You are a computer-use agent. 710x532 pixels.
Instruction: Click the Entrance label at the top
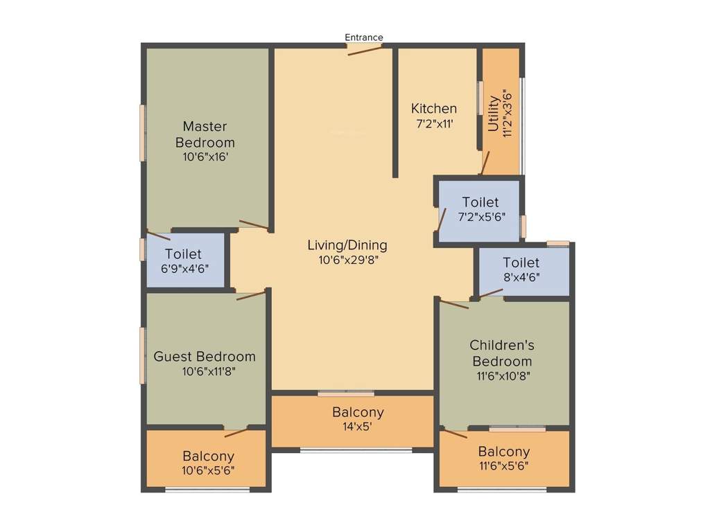pyautogui.click(x=364, y=37)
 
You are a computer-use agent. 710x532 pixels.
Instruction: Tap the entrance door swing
pyautogui.click(x=365, y=50)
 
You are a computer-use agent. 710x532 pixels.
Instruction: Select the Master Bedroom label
pyautogui.click(x=205, y=134)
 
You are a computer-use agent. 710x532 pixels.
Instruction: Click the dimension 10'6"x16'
pyautogui.click(x=205, y=157)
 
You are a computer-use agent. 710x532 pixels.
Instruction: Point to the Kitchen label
pyautogui.click(x=434, y=109)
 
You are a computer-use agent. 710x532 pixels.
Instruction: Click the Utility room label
pyautogui.click(x=494, y=114)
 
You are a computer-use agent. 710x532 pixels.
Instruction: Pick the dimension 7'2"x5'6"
pyautogui.click(x=480, y=217)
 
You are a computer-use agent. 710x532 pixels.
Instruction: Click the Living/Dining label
pyautogui.click(x=347, y=245)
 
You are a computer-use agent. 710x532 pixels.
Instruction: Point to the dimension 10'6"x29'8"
pyautogui.click(x=347, y=260)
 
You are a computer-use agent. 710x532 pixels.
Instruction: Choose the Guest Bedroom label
pyautogui.click(x=205, y=357)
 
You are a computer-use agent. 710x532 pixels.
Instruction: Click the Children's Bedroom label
pyautogui.click(x=502, y=353)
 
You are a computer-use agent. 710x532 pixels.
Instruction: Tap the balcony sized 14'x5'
pyautogui.click(x=358, y=420)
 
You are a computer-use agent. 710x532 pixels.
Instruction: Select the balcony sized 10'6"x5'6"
pyautogui.click(x=208, y=463)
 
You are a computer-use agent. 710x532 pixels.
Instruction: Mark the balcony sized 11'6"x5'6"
pyautogui.click(x=503, y=459)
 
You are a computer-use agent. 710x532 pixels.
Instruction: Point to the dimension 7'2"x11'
pyautogui.click(x=434, y=125)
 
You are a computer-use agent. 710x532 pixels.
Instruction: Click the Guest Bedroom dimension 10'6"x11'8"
pyautogui.click(x=205, y=372)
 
